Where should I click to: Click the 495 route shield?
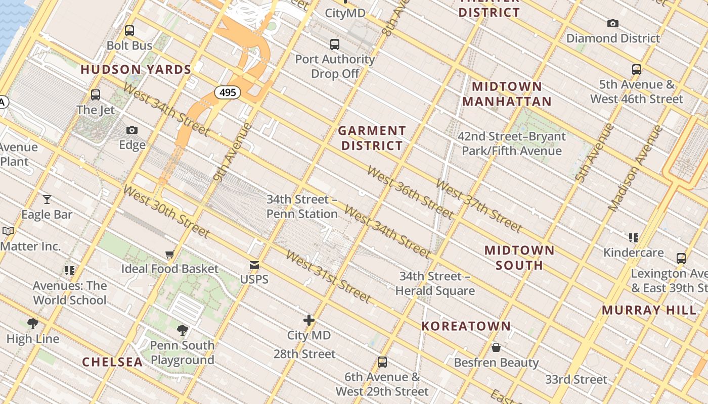(228, 92)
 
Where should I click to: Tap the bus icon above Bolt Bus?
(129, 31)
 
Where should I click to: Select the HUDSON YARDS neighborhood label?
(136, 70)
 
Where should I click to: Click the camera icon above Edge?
(132, 130)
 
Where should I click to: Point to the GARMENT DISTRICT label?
(372, 138)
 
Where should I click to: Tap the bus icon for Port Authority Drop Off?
(335, 44)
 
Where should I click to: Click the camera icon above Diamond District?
(613, 23)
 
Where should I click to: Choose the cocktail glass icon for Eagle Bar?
(47, 199)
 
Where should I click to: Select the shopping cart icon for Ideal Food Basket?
(170, 254)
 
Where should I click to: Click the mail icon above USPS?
(254, 265)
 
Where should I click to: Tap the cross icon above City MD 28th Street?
(309, 320)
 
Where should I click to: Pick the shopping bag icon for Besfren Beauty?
(496, 347)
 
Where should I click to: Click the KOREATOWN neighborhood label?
(466, 326)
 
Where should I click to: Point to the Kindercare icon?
(633, 237)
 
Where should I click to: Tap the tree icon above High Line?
(33, 324)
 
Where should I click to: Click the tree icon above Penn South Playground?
(183, 330)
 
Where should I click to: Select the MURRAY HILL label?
(649, 310)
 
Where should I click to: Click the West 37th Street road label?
(478, 206)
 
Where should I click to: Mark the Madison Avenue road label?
(635, 168)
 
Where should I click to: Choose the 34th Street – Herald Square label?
(435, 283)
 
